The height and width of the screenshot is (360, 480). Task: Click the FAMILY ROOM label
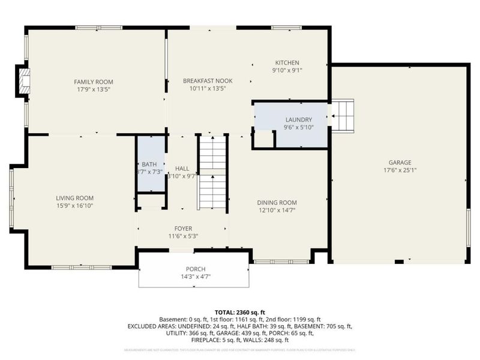(x=94, y=82)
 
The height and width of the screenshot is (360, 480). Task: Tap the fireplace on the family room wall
(x=23, y=82)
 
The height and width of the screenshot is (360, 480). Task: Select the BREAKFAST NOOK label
(x=208, y=80)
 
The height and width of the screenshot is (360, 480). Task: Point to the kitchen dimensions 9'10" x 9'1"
(x=287, y=70)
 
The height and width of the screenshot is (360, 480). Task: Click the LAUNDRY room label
(x=298, y=119)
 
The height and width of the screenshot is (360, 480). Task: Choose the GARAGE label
(x=399, y=162)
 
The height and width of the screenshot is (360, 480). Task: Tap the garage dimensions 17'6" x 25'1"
(x=399, y=169)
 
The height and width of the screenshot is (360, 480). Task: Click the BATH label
(x=148, y=164)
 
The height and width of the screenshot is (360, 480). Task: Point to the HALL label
(x=182, y=169)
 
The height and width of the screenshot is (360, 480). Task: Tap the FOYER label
(x=184, y=228)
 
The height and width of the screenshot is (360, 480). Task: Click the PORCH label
(x=196, y=269)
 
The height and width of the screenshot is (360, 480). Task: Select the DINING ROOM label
(x=277, y=203)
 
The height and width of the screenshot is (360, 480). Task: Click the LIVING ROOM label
(x=74, y=198)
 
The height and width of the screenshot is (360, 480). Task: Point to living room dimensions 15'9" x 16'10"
(x=74, y=205)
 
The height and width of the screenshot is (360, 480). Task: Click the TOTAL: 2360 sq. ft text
(x=239, y=312)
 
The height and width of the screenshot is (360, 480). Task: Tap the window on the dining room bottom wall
(x=281, y=262)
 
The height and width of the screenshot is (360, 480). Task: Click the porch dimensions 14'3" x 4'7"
(x=196, y=277)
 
